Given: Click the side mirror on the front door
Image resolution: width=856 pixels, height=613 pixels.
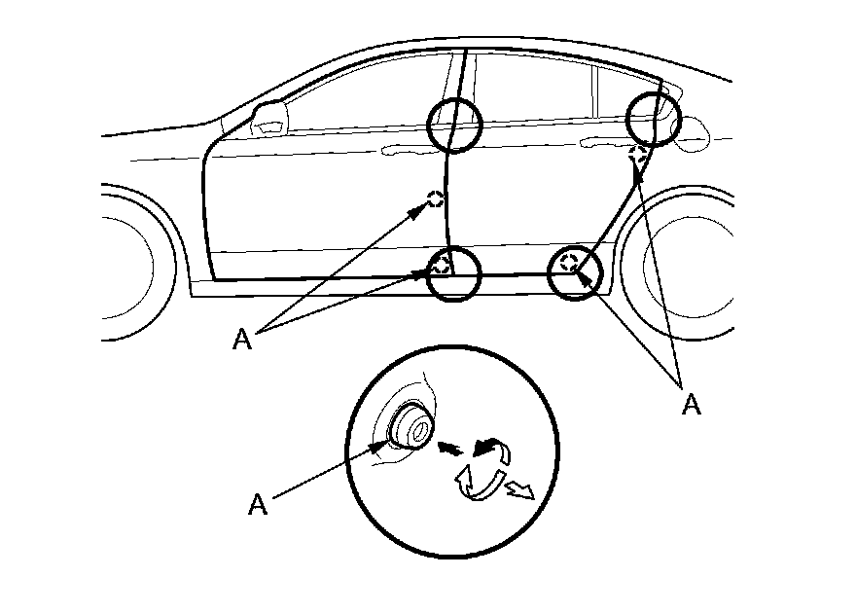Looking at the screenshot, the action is (x=270, y=116).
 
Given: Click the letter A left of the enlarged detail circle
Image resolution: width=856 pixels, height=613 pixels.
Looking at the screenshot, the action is (x=258, y=504).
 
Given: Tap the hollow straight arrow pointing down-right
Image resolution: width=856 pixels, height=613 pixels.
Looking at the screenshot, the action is (x=521, y=490).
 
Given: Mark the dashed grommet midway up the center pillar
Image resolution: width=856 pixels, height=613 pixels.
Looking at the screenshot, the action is (x=436, y=199).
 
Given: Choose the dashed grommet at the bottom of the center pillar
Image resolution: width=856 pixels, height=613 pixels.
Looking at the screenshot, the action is (x=442, y=263).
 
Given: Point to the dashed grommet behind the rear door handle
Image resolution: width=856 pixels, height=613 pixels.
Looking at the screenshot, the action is (x=639, y=152).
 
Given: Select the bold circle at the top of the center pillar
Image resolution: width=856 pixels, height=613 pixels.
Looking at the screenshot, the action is (x=455, y=126).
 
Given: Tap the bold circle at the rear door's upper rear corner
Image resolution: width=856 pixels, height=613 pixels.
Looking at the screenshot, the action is (x=652, y=118).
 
